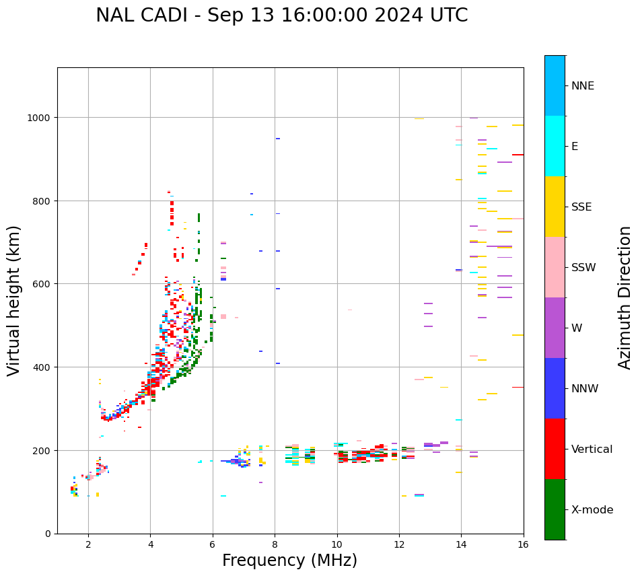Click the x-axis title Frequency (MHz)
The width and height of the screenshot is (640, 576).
point(289,561)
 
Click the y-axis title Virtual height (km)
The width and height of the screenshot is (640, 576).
point(14,300)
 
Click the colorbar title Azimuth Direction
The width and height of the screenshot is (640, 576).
point(625,297)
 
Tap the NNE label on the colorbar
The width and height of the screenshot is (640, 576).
point(583,85)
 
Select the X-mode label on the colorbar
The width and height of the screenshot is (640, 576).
point(592,509)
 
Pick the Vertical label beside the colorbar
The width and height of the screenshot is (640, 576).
point(592,449)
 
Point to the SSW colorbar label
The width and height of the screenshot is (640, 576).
point(583,267)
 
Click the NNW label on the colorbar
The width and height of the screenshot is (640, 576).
point(585,388)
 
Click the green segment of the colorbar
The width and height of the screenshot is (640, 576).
point(555,509)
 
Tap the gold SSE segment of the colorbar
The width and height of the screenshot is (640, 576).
point(555,207)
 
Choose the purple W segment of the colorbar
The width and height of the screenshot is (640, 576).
point(555,328)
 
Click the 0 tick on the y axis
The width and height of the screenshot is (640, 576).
point(48,534)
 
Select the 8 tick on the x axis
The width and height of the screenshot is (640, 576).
point(275,545)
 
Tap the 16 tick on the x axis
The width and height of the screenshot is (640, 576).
point(524,545)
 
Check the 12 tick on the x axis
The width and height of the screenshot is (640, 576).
point(399,545)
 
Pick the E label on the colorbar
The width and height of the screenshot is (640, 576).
point(575,146)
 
